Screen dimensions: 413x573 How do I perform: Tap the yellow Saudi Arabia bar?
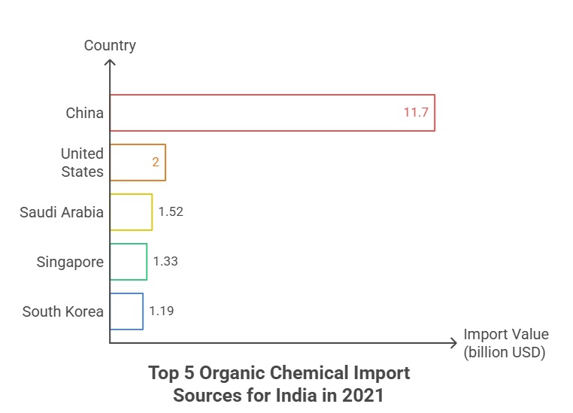[x=131, y=212]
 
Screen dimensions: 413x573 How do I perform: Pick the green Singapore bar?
[x=128, y=262]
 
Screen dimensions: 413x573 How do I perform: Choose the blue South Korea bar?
[x=126, y=311]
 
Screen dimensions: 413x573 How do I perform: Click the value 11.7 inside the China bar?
[x=416, y=114]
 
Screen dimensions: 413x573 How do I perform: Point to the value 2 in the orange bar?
[x=156, y=162]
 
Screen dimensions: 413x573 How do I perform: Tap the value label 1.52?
[x=171, y=212]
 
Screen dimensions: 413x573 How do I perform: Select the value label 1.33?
[x=165, y=262]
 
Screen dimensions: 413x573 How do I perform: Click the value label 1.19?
[x=161, y=311]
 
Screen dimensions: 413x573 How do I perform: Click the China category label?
[x=84, y=114]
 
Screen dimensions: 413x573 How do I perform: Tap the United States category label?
[x=82, y=162]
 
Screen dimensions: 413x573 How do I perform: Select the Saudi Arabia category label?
[x=62, y=212]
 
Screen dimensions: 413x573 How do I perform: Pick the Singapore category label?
[x=70, y=262]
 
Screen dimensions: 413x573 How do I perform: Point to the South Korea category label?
[x=63, y=311]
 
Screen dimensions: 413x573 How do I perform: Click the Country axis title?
[x=110, y=46]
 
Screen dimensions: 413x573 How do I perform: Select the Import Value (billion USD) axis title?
[x=505, y=343]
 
